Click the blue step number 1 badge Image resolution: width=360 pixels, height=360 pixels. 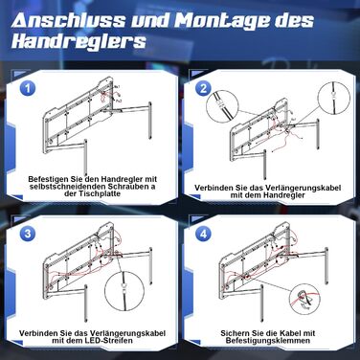(x=28, y=88)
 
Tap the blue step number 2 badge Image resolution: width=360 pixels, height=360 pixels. (x=204, y=88)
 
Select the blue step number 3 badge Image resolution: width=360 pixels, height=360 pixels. (x=28, y=234)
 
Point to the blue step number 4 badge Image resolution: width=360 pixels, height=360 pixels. (x=204, y=234)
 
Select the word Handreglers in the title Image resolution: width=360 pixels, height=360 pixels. (x=79, y=41)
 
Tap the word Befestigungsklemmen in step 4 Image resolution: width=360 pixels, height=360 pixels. (x=268, y=341)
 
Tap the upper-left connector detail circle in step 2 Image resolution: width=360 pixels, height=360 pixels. (x=221, y=104)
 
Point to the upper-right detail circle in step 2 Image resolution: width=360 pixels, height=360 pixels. (x=334, y=97)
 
